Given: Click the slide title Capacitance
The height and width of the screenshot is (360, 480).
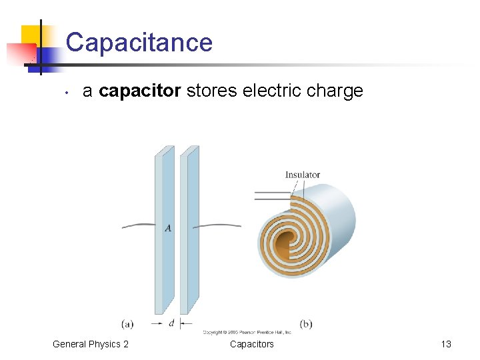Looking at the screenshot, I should pyautogui.click(x=139, y=43).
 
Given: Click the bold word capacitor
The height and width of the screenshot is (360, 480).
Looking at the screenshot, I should pyautogui.click(x=139, y=91).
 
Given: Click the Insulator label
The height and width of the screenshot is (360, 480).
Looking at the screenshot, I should pyautogui.click(x=303, y=175).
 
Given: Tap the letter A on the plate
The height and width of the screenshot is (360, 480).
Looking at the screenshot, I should pyautogui.click(x=168, y=228).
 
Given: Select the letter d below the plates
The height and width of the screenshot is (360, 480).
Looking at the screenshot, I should pyautogui.click(x=172, y=323).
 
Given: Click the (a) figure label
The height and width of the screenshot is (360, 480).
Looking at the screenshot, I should pyautogui.click(x=127, y=325).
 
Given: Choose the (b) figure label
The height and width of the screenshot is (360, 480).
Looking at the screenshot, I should pyautogui.click(x=305, y=325).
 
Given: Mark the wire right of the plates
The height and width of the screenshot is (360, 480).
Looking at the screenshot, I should pyautogui.click(x=220, y=226).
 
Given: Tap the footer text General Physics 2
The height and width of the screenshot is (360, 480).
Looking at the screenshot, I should pyautogui.click(x=91, y=344).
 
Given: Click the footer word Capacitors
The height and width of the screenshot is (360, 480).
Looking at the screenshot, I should pyautogui.click(x=251, y=344).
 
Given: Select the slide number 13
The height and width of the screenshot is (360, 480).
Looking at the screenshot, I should pyautogui.click(x=446, y=344).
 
